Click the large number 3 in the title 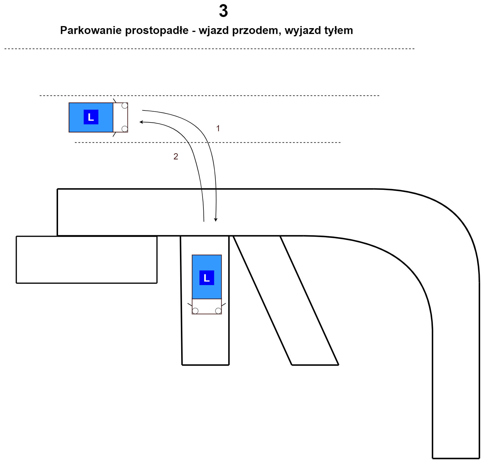(x=223, y=11)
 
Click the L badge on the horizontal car (x=91, y=117)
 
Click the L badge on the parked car (x=207, y=278)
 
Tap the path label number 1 (x=218, y=128)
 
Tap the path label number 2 (x=176, y=156)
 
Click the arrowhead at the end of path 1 (x=216, y=219)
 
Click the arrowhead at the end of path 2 (x=141, y=122)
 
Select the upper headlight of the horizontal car (x=125, y=105)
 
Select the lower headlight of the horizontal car (x=125, y=129)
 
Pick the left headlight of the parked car (x=195, y=311)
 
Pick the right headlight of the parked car (x=218, y=311)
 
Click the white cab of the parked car (x=207, y=306)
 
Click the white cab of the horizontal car (x=120, y=117)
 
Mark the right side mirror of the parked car (x=224, y=305)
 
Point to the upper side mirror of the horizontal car (x=115, y=101)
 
